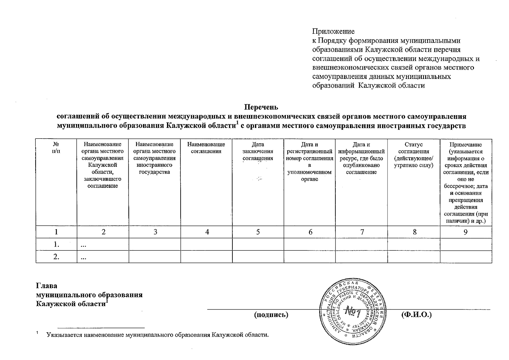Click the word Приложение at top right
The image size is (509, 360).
pyautogui.click(x=333, y=31)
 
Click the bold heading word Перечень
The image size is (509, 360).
pyautogui.click(x=261, y=107)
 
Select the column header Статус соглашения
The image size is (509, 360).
pyautogui.click(x=414, y=155)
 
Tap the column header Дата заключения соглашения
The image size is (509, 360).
pyautogui.click(x=258, y=151)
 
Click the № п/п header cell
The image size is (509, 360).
pyautogui.click(x=56, y=148)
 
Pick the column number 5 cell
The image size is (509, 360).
pyautogui.click(x=258, y=232)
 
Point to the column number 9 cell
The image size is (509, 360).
pyautogui.click(x=466, y=232)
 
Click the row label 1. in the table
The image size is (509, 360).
pyautogui.click(x=56, y=244)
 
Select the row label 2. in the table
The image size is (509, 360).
pyautogui.click(x=56, y=257)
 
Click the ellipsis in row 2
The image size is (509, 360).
pyautogui.click(x=84, y=258)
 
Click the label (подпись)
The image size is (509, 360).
pyautogui.click(x=271, y=315)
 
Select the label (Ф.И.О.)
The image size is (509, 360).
pyautogui.click(x=416, y=315)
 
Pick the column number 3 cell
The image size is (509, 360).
pyautogui.click(x=155, y=232)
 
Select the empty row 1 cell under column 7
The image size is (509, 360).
pyautogui.click(x=361, y=244)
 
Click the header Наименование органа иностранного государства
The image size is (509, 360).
pyautogui.click(x=154, y=158)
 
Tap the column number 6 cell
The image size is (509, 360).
pyautogui.click(x=310, y=232)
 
